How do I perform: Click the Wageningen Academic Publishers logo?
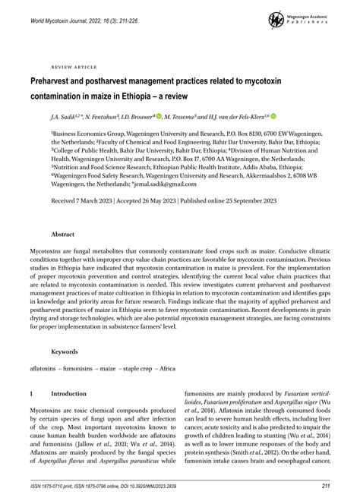pos(303,18)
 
